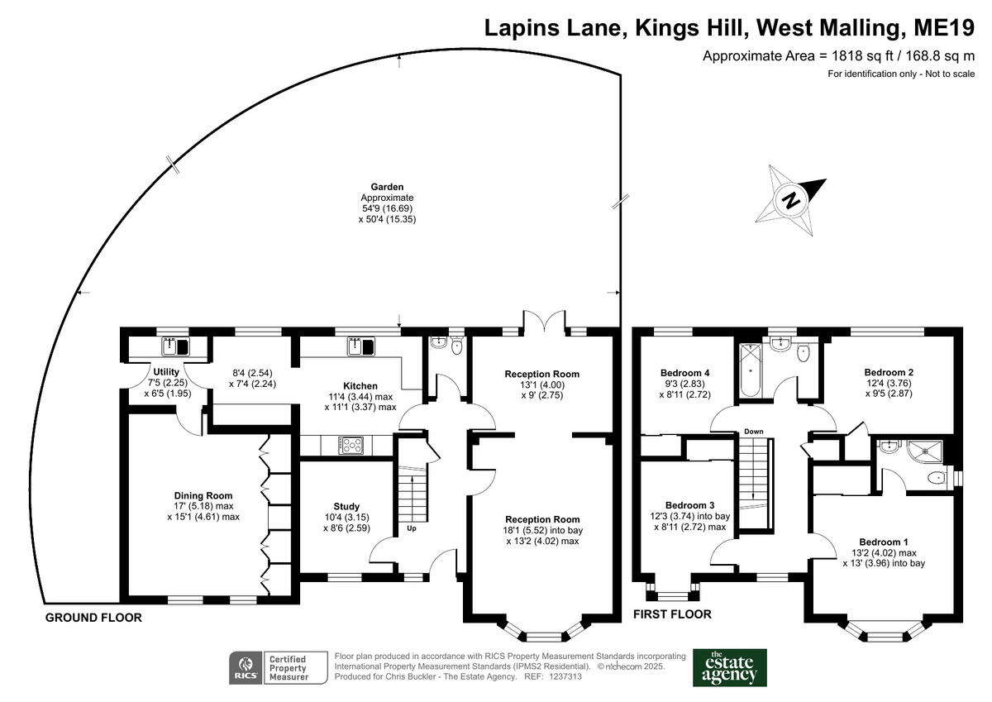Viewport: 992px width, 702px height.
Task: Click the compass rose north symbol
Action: coord(792,198)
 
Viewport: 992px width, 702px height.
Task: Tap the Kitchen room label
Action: coord(360,385)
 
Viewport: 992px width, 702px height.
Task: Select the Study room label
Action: coord(346,506)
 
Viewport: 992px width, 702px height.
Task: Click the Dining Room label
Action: coord(203,495)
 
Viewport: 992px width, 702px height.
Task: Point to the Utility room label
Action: coord(167,371)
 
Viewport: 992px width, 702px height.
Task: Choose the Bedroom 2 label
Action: coord(889,372)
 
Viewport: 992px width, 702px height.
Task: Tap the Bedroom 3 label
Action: coord(689,504)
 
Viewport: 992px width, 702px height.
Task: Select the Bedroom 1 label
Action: coord(881,542)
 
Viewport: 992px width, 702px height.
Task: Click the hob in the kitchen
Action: coord(351,446)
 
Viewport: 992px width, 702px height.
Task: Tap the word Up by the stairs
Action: coord(411,528)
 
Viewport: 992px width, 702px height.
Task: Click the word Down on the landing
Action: coord(753,432)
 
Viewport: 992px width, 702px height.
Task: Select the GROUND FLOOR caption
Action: coord(93,618)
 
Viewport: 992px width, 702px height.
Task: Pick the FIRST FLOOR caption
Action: coord(672,614)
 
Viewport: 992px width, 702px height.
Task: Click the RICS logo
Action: coord(246,667)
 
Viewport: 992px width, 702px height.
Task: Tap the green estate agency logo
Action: coord(729,667)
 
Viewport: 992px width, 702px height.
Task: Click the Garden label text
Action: coord(387,187)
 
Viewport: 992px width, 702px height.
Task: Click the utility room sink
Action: coord(175,346)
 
